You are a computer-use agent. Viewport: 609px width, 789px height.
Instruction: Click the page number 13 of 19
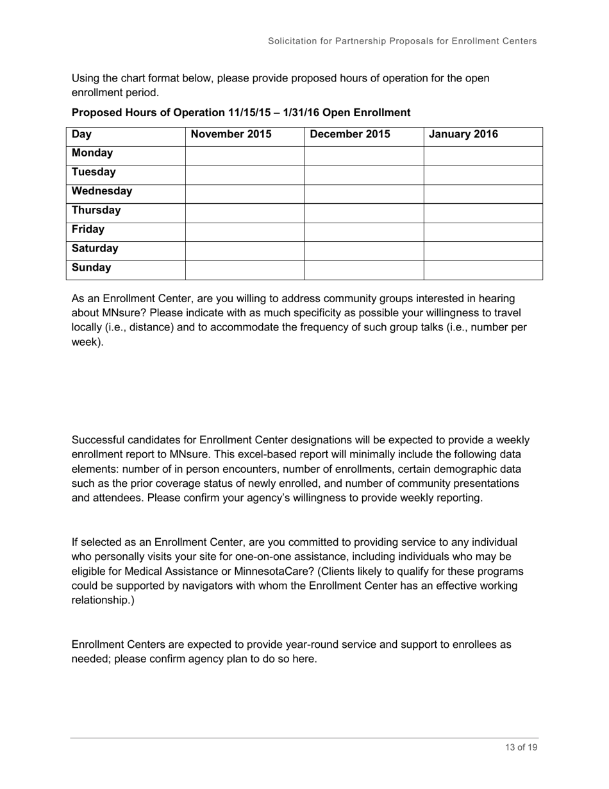[521, 747]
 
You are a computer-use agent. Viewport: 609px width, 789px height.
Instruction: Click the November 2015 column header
[231, 135]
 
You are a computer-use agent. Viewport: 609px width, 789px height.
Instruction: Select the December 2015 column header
[349, 135]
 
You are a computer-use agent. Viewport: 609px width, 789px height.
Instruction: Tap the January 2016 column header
[463, 135]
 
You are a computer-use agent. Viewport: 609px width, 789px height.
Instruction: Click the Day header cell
[81, 135]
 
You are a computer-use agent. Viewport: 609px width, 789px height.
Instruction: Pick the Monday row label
[92, 153]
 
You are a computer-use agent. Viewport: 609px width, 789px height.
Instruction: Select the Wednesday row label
[102, 191]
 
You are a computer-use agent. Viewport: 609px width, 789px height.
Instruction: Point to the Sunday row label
[91, 267]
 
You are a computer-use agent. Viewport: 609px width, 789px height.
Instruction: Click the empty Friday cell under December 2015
[363, 230]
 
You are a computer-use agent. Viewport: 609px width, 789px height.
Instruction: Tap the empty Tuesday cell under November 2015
[244, 173]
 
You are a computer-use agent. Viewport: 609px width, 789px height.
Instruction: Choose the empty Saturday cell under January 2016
[483, 249]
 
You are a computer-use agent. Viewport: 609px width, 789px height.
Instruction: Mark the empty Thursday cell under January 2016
[483, 210]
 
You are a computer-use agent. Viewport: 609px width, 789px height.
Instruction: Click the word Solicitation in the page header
[292, 41]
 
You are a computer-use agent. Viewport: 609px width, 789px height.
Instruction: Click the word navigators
[219, 586]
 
